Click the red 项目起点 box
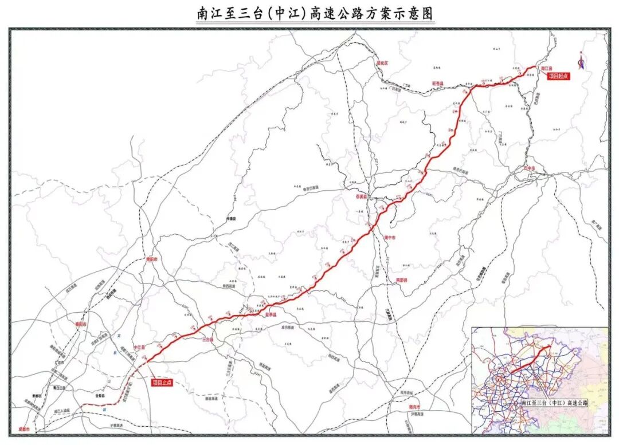[x=558, y=76]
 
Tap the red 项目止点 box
[x=162, y=382]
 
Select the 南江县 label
[x=546, y=68]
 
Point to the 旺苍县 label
[x=438, y=84]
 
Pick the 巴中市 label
[x=530, y=168]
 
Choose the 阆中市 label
[x=390, y=237]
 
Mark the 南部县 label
[x=401, y=280]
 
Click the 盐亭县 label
[x=271, y=314]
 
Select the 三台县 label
[x=207, y=340]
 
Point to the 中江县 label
[x=139, y=347]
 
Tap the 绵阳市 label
[x=152, y=259]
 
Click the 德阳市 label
[x=80, y=324]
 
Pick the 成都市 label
[x=23, y=429]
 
